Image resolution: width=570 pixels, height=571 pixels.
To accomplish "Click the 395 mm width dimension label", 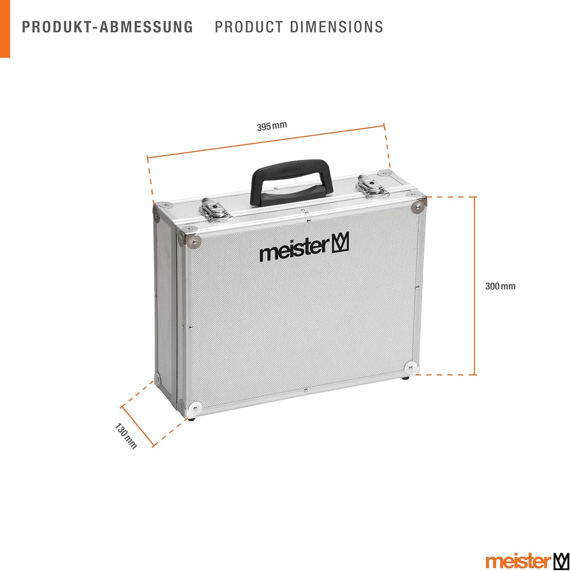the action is click(272, 126).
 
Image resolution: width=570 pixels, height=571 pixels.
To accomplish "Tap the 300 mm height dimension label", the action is click(500, 286).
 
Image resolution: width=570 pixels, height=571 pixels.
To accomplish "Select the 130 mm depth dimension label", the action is click(126, 436).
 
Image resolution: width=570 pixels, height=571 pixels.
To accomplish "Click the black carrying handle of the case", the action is click(292, 182).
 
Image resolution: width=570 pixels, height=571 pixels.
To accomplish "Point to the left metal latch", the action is click(215, 209).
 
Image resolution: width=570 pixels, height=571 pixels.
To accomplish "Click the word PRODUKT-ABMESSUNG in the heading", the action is click(108, 27).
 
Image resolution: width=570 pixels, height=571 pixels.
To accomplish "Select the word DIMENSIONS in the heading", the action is click(337, 27).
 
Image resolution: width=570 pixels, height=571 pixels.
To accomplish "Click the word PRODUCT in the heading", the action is click(249, 27).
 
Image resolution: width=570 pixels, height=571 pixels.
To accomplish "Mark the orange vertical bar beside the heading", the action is click(5, 29).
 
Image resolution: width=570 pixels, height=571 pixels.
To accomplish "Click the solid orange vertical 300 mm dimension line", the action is click(474, 286).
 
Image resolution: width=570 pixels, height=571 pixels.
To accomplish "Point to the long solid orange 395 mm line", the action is click(266, 141).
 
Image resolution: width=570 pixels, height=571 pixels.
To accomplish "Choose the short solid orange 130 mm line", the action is click(138, 426).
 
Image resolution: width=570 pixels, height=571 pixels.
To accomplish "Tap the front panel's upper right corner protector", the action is click(419, 206).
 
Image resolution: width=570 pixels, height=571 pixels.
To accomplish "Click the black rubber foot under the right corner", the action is click(405, 378).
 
